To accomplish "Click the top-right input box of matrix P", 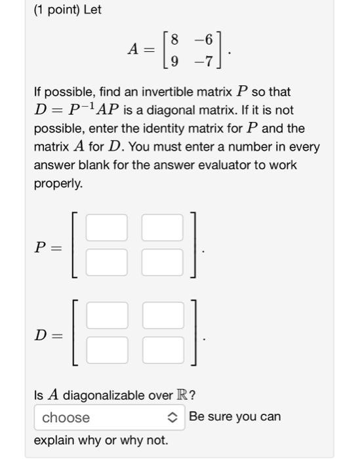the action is pos(163,228).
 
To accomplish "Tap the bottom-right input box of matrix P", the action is pos(163,262).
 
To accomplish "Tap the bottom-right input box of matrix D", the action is pos(163,349).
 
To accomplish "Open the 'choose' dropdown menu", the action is pos(109,418).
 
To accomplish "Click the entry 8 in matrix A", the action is pos(174,39).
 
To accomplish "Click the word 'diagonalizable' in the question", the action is pos(102,395).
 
